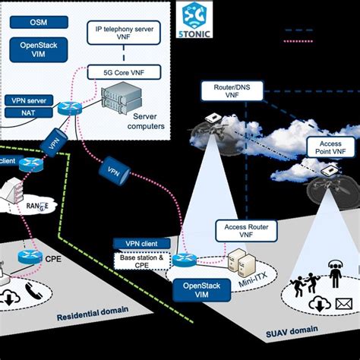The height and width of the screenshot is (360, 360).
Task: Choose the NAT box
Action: pyautogui.click(x=15, y=112)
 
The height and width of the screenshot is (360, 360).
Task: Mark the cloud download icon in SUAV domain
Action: pyautogui.click(x=319, y=304)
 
